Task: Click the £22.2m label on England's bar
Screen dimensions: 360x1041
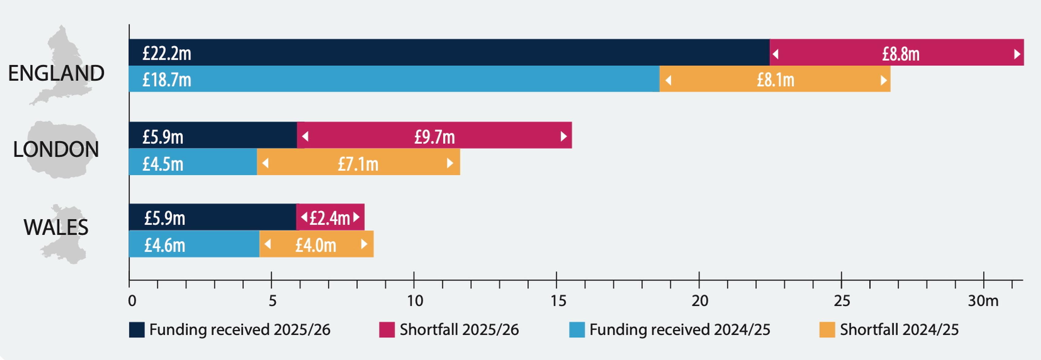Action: click(x=167, y=53)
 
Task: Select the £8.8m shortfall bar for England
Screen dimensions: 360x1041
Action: click(x=896, y=53)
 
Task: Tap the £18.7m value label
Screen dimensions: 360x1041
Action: click(x=167, y=80)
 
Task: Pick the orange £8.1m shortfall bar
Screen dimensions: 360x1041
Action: click(x=775, y=80)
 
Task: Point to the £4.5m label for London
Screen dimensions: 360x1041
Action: click(x=163, y=164)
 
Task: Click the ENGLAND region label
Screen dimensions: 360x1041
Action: click(x=56, y=73)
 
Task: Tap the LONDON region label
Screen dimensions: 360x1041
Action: click(x=56, y=149)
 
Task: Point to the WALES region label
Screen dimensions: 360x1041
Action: click(x=56, y=227)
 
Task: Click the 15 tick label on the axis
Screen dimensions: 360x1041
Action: click(x=558, y=301)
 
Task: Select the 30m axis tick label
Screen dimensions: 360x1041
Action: click(x=983, y=301)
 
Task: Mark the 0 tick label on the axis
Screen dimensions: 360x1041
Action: click(x=132, y=301)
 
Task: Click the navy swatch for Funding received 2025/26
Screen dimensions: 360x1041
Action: click(x=137, y=330)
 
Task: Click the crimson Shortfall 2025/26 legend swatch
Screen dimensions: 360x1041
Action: click(x=386, y=330)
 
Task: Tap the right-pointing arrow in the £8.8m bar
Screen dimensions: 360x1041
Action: click(x=1017, y=54)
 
